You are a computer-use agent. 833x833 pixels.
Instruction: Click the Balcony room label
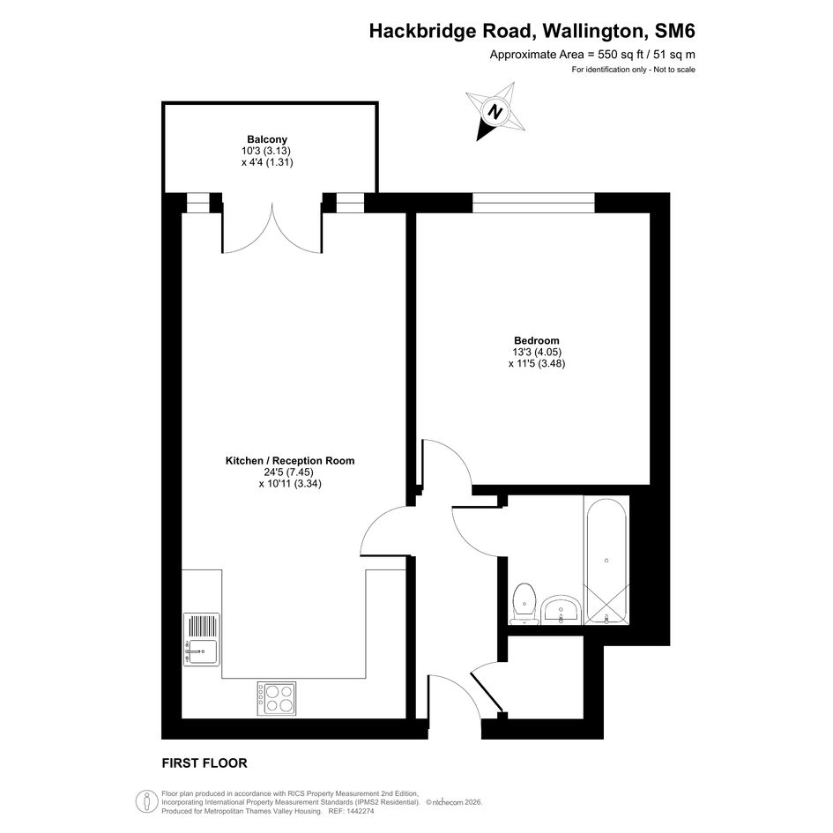click(x=267, y=139)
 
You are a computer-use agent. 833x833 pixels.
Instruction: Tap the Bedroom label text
click(x=537, y=340)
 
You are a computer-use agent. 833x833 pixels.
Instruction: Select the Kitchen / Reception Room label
click(x=290, y=461)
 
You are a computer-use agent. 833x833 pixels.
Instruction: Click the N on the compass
click(x=495, y=112)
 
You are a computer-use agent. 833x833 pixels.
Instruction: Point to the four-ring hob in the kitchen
click(x=277, y=698)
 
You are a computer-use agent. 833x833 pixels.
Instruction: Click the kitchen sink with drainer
click(x=201, y=639)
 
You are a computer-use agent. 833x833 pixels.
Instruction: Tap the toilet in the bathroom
click(x=524, y=604)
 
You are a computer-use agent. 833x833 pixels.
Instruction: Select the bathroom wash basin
click(x=561, y=610)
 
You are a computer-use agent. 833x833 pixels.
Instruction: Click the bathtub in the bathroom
click(x=606, y=560)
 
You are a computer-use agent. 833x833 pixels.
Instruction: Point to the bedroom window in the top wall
click(x=533, y=203)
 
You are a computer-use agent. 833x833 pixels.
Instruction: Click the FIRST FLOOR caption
click(x=205, y=763)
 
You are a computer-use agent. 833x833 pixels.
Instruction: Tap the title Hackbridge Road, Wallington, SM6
click(x=532, y=31)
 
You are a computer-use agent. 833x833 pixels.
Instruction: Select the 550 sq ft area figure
click(x=621, y=54)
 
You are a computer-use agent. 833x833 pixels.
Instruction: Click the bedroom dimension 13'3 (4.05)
click(x=537, y=352)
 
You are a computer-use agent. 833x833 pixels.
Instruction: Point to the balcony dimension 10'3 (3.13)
click(x=266, y=151)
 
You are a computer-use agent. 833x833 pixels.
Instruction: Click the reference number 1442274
click(x=359, y=811)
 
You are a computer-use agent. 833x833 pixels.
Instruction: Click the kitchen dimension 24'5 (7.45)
click(x=289, y=472)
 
